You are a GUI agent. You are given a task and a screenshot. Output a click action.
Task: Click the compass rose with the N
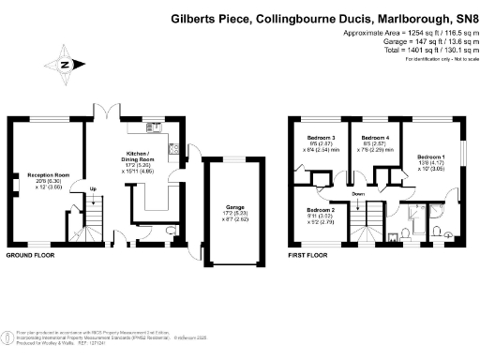pyautogui.click(x=65, y=65)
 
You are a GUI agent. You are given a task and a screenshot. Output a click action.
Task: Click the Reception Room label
pyautogui.click(x=48, y=175)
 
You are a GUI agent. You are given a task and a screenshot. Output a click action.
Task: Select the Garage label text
pyautogui.click(x=233, y=206)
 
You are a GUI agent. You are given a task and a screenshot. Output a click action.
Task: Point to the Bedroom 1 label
pyautogui.click(x=430, y=156)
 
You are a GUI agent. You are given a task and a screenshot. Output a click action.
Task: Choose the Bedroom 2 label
pyautogui.click(x=322, y=211)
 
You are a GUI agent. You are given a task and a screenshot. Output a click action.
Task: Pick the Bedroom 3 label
pyautogui.click(x=321, y=138)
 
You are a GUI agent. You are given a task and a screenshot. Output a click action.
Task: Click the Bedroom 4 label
pyautogui.click(x=375, y=138)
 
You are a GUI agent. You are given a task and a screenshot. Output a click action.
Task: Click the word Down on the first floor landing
pyautogui.click(x=359, y=193)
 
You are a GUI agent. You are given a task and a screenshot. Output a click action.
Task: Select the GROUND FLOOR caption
pyautogui.click(x=31, y=255)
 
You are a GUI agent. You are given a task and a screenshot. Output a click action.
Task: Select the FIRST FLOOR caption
pyautogui.click(x=307, y=255)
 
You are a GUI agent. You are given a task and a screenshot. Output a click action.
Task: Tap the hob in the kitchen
pyautogui.click(x=172, y=146)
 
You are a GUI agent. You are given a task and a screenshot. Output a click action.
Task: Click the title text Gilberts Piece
pyautogui.click(x=212, y=18)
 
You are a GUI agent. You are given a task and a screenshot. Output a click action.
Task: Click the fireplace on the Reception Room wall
pyautogui.click(x=14, y=178)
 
